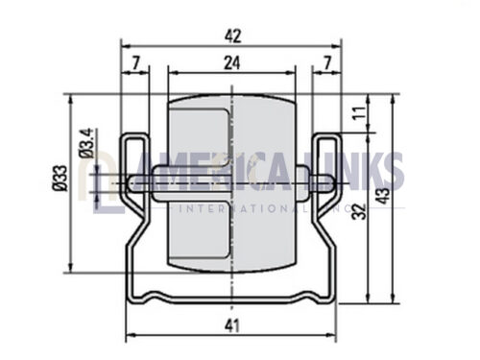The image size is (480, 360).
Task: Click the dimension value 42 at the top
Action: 232,36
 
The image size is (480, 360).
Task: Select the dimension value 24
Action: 232,62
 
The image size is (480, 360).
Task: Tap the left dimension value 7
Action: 136,62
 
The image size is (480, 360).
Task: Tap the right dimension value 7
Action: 327,62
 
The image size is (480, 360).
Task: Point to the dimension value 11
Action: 359,112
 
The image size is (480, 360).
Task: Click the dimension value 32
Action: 359,211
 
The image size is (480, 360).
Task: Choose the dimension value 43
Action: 382,196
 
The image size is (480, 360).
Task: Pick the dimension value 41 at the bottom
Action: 232,326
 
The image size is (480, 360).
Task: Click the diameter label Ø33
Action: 60,178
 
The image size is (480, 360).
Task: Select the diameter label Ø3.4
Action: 86,143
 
